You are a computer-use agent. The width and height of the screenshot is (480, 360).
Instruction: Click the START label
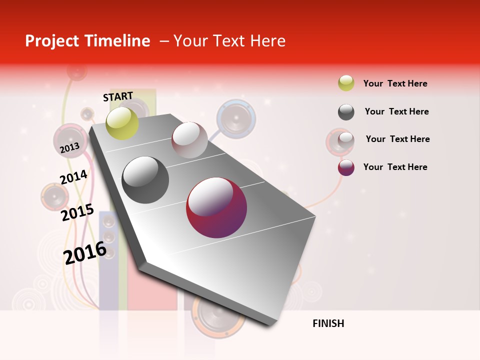coord(118,96)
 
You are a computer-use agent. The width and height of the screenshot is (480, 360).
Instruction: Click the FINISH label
coord(328,323)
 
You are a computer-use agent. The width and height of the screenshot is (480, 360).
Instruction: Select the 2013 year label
coord(69,147)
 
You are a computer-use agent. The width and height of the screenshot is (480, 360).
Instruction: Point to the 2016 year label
coord(85,253)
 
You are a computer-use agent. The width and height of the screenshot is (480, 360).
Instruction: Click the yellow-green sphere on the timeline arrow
coord(122,123)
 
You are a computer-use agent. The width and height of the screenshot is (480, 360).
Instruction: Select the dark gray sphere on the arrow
coord(145,180)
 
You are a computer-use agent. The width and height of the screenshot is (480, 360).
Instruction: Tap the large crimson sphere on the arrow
coord(216,207)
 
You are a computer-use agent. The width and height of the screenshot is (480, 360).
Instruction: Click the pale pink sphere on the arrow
coord(189,139)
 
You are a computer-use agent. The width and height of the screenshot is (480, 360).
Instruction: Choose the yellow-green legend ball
coord(346,83)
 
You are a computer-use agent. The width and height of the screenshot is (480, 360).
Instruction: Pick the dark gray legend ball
coord(346,112)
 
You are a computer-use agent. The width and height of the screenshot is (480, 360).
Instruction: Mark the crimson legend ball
coord(346,167)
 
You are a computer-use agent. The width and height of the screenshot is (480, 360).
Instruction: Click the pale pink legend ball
coord(346,139)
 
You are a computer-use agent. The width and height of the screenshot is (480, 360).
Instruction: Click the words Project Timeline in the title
coord(87,41)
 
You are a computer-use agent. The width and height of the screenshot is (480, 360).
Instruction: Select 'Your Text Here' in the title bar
coord(229,41)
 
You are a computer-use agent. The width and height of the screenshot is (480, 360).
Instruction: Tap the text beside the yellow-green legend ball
coord(395,83)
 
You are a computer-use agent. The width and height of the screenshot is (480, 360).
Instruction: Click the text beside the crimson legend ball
coord(395,167)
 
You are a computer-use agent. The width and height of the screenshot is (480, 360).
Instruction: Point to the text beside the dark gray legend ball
coord(396,111)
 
